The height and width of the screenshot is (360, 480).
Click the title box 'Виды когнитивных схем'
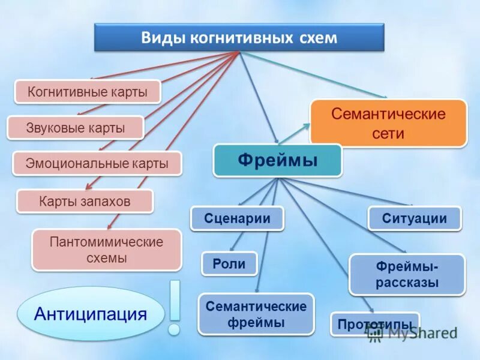tap(239, 38)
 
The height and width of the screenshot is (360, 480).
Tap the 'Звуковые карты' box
tap(76, 128)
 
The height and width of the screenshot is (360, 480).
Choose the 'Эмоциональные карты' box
tap(97, 163)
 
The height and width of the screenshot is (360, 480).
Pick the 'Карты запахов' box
tap(85, 201)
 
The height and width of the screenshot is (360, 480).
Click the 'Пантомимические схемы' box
tap(106, 250)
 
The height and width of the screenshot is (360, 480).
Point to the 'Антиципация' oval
tap(91, 314)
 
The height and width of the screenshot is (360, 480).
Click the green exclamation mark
tap(175, 306)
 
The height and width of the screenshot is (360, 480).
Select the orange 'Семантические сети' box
tap(388, 123)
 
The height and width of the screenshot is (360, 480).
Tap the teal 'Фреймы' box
tap(278, 160)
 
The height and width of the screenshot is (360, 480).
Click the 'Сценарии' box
tap(237, 218)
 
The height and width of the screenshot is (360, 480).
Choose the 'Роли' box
tap(229, 264)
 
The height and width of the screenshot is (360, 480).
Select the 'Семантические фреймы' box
tap(256, 314)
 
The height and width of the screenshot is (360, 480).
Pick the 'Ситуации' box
tap(414, 218)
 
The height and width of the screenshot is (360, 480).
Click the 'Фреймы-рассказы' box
tap(407, 274)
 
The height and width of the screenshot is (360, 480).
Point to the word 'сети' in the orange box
tap(388, 133)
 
